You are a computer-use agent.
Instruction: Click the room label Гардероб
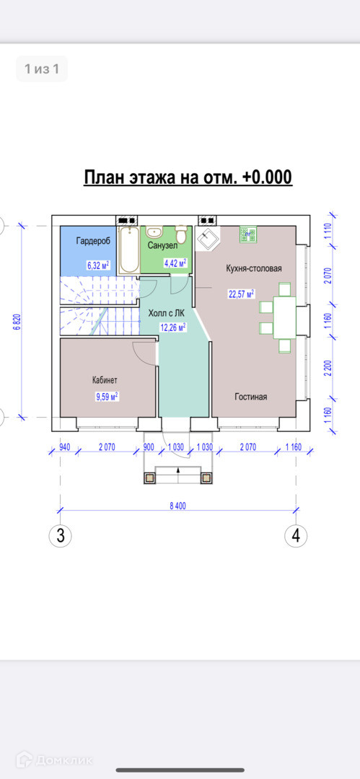coord(93,242)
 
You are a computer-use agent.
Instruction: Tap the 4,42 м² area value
coord(176,263)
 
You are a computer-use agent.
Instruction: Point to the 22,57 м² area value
coord(241,293)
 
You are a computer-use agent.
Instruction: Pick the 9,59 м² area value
coord(106,397)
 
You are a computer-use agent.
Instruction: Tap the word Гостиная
coord(251,397)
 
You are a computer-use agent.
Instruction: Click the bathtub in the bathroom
coord(129,250)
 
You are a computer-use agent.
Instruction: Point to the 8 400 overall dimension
coord(177,506)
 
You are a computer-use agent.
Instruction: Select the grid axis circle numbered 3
coord(60,536)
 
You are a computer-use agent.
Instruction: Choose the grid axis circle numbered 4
coord(296,536)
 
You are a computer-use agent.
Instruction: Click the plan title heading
coord(188,177)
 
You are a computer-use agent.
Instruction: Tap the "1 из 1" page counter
coord(43,69)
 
